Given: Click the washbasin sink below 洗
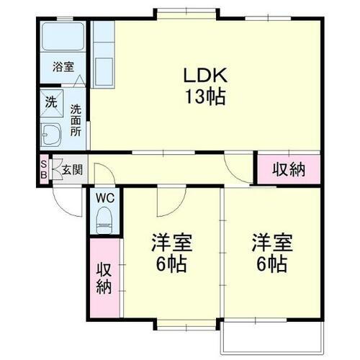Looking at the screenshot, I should click(x=52, y=134).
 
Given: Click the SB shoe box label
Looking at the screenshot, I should click(x=43, y=168).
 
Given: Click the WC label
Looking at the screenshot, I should click(x=106, y=195).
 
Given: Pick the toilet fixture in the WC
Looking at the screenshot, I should click(x=105, y=217).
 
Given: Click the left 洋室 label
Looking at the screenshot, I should click(x=171, y=243).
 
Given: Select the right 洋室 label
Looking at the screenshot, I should click(x=270, y=243).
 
